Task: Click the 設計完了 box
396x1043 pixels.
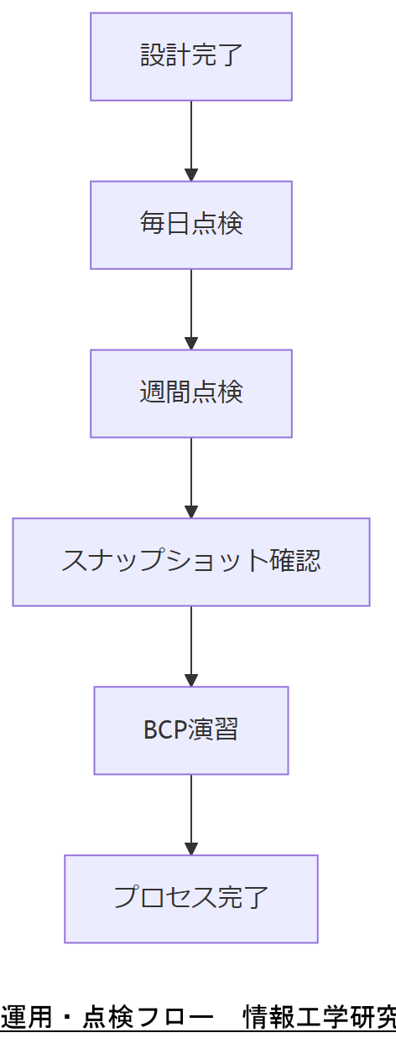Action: click(x=191, y=56)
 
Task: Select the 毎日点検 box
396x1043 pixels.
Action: click(x=191, y=225)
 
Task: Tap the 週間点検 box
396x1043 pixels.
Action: click(x=191, y=393)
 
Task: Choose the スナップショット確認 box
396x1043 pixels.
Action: click(x=191, y=562)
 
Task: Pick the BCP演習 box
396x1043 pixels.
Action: click(x=191, y=730)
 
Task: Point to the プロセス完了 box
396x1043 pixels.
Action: click(x=191, y=899)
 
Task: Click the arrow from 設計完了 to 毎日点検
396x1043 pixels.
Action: click(x=191, y=141)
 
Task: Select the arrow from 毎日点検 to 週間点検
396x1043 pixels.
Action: click(x=191, y=309)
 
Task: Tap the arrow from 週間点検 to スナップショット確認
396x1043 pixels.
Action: click(x=191, y=478)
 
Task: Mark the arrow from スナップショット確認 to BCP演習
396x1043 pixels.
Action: click(x=191, y=646)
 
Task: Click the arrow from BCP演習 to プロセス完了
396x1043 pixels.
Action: click(x=191, y=815)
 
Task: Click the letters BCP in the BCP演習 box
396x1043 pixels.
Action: click(x=164, y=730)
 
